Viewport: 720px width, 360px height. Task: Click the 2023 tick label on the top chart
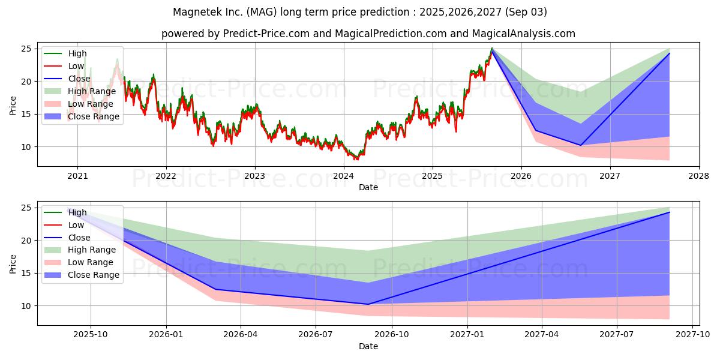pos(254,176)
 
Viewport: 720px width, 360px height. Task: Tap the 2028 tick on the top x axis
pos(699,176)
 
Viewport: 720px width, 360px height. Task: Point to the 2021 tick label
pos(77,176)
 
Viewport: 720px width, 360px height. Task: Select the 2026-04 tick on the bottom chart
pos(240,335)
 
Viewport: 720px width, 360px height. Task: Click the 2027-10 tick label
pos(693,335)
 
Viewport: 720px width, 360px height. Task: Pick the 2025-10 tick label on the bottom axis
pos(91,335)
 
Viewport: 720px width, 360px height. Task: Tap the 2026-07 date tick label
pos(316,335)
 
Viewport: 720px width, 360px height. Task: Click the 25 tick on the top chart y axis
pos(27,49)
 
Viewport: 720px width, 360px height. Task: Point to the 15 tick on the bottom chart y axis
pos(27,273)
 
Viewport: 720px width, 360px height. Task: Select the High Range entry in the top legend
pos(92,91)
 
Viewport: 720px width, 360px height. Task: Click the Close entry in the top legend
pos(80,79)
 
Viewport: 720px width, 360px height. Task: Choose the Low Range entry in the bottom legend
pos(91,262)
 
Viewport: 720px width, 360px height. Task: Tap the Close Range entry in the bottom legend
pos(94,275)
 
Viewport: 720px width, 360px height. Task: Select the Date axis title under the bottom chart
pos(368,346)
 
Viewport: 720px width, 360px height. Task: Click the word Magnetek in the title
pos(194,12)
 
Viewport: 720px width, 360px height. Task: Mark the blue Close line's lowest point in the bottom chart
pos(368,304)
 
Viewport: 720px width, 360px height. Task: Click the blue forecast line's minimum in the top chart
pos(580,145)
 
